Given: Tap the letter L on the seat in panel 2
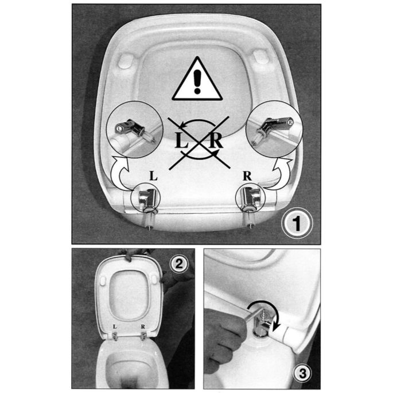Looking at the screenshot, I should [116, 328].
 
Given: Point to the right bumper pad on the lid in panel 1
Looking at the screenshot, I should [262, 56].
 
